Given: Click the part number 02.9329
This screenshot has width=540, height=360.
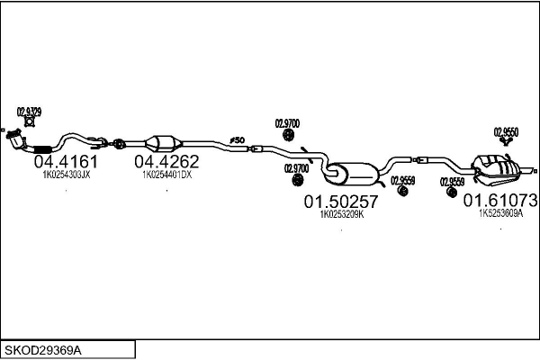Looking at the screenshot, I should tap(28, 112).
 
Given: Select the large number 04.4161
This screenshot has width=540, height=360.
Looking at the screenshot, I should tap(66, 162).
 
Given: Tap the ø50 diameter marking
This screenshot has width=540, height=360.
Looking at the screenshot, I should tap(238, 139).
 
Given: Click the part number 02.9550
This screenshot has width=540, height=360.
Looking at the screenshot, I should tap(506, 131).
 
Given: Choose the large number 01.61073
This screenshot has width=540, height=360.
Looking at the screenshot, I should tap(500, 200).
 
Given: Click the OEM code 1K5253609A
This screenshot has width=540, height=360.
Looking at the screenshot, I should tap(500, 213).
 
